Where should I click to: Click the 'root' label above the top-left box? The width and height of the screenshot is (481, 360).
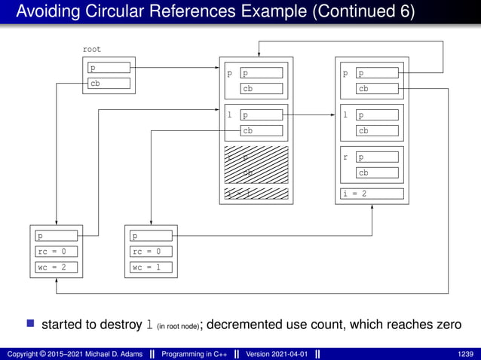tap(91, 49)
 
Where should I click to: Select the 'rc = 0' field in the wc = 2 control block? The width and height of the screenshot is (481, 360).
tap(56, 252)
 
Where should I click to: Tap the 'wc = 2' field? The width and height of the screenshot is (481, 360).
tap(56, 267)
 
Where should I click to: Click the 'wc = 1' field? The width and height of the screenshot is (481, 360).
tap(150, 267)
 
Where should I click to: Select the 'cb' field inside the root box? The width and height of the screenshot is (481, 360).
tap(109, 84)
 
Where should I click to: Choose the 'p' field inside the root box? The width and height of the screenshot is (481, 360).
tap(109, 68)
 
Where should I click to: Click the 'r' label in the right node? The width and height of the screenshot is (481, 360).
tap(345, 158)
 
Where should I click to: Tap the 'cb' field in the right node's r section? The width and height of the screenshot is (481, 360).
tap(379, 172)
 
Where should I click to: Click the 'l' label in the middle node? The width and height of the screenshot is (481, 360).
tap(230, 116)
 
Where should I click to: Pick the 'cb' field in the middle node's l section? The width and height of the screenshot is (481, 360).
tap(262, 130)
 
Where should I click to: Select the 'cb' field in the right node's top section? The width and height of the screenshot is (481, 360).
tap(379, 89)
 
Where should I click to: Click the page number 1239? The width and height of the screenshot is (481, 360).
tap(466, 353)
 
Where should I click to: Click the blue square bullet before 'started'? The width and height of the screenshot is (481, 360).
tap(31, 325)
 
